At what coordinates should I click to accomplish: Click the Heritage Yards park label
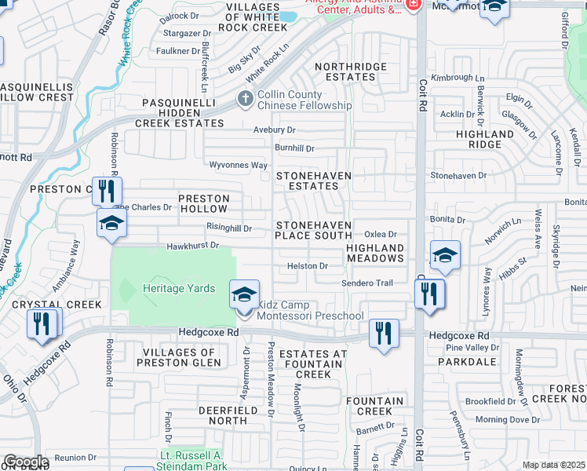(179, 288)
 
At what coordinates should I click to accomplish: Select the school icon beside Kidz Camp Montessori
(244, 295)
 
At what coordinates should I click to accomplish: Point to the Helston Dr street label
(307, 266)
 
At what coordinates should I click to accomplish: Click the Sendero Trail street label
(366, 283)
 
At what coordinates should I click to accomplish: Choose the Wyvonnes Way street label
(238, 166)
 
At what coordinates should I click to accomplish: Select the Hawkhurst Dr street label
(191, 246)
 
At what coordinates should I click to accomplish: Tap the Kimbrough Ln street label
(458, 78)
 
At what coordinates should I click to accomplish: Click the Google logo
(25, 462)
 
